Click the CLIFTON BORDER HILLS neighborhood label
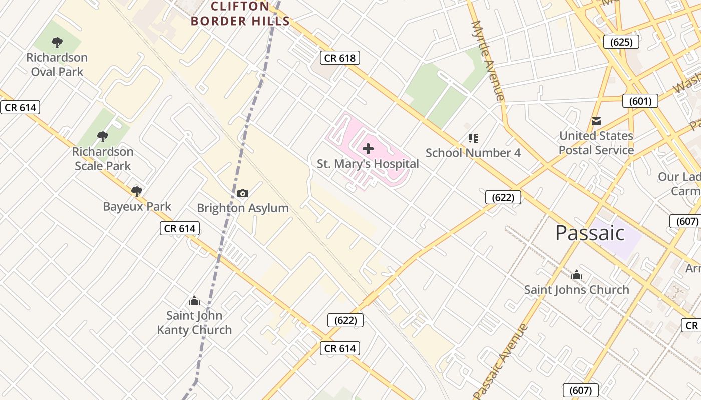[x=240, y=14]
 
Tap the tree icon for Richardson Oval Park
[x=57, y=43]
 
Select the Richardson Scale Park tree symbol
[x=103, y=136]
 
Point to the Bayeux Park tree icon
[x=136, y=191]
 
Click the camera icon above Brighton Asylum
[x=243, y=193]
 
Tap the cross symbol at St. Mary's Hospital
[x=368, y=148]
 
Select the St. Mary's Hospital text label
[x=368, y=164]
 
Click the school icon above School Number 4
[x=473, y=138]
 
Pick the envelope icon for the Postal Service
[x=596, y=121]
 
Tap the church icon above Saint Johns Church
[x=577, y=275]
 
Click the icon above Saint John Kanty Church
[x=194, y=301]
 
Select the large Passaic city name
[x=590, y=233]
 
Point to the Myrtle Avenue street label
[x=487, y=61]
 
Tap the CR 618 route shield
[x=340, y=58]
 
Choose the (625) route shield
[x=621, y=42]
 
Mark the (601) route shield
[x=640, y=101]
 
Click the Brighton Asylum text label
[x=243, y=208]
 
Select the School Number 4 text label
[x=473, y=153]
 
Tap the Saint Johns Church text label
[x=577, y=290]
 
